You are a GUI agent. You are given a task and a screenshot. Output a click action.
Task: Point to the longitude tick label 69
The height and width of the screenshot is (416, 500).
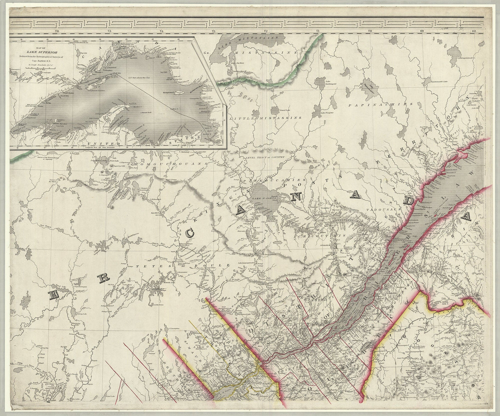point(422,31)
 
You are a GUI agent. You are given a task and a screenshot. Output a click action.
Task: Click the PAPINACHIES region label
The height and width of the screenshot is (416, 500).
point(381,104)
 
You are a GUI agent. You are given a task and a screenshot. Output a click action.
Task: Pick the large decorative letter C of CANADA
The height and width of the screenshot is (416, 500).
point(190,234)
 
